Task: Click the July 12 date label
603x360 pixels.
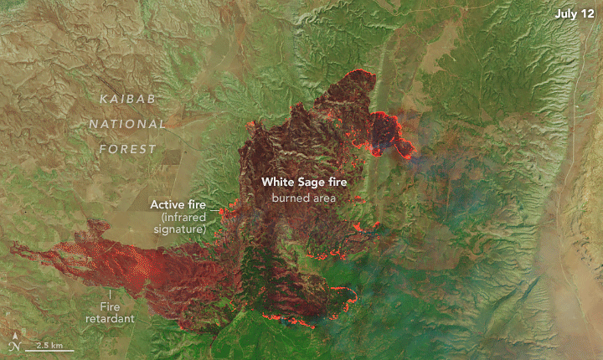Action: pyautogui.click(x=573, y=14)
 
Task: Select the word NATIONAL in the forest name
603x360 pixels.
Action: pyautogui.click(x=128, y=125)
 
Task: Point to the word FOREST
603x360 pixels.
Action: pyautogui.click(x=126, y=149)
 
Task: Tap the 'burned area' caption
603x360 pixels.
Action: pyautogui.click(x=302, y=198)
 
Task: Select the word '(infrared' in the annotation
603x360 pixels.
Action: pyautogui.click(x=183, y=217)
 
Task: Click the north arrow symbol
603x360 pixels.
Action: pyautogui.click(x=14, y=342)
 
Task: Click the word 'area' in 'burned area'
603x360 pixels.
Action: pyautogui.click(x=322, y=198)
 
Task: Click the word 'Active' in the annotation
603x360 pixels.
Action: pyautogui.click(x=167, y=204)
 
